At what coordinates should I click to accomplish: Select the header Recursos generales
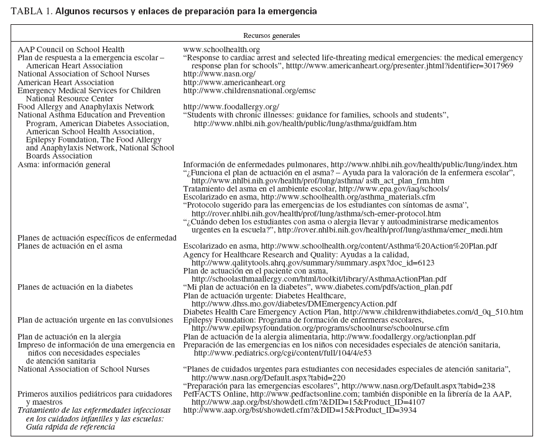pos(271,36)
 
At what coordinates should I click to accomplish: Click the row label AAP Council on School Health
pos(71,49)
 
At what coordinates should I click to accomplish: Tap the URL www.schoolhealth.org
pos(221,49)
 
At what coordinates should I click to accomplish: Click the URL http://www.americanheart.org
pos(234,82)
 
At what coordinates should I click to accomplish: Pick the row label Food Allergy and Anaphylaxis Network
pos(86,107)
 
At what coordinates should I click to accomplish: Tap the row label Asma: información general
pos(64,164)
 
